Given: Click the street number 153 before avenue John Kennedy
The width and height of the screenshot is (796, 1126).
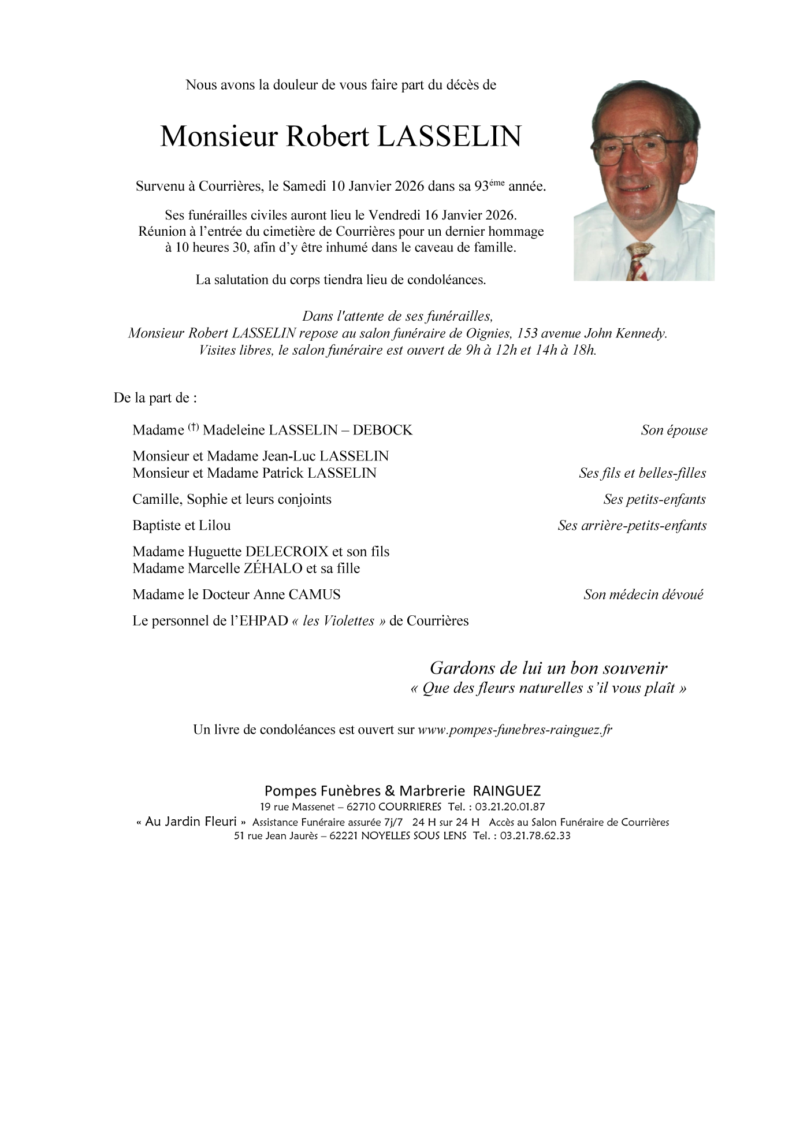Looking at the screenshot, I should point(529,333).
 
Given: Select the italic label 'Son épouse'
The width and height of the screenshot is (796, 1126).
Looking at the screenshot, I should point(674,430).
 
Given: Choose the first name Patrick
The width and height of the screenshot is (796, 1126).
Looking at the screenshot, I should point(283,473).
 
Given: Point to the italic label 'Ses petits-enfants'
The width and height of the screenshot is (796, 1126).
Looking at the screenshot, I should point(654,499).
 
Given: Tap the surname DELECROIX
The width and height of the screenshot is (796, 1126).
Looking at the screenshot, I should point(287,551).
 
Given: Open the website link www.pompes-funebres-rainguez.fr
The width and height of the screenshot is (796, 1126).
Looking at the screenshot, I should point(515,730).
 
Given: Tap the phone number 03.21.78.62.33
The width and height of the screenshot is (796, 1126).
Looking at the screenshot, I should point(534,835).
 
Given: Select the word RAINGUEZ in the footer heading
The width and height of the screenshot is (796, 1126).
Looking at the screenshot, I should point(507,791).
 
